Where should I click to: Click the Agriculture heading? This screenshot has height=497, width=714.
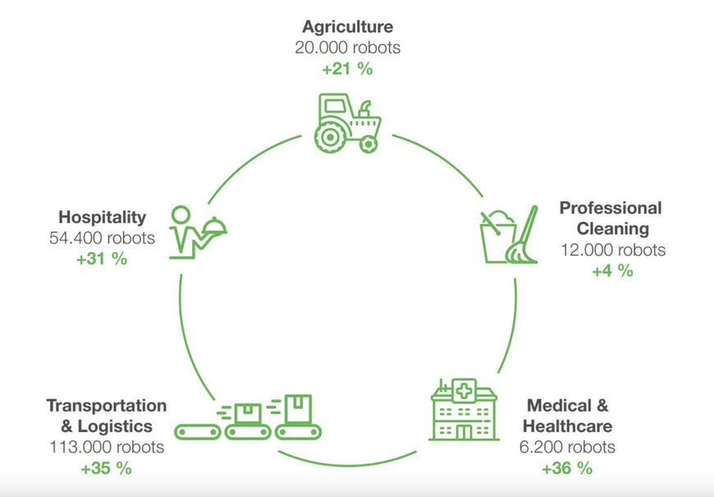[348, 26]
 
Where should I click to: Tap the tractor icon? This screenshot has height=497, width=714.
[347, 124]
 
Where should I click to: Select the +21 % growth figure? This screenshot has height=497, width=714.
[347, 69]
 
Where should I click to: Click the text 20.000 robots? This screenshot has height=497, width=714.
[348, 48]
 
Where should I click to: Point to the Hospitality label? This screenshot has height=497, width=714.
[102, 217]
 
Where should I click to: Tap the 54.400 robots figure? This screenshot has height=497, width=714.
[102, 238]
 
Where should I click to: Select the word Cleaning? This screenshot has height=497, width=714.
[612, 228]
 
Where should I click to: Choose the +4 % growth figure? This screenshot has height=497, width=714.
[612, 270]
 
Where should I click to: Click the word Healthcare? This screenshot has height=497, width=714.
[567, 426]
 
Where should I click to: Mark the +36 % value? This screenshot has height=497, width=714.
[566, 468]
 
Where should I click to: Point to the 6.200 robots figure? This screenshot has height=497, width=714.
[568, 448]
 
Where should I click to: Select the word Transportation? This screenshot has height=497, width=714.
[107, 406]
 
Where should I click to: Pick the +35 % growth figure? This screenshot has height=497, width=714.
[106, 469]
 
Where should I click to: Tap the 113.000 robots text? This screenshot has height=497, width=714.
[106, 448]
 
